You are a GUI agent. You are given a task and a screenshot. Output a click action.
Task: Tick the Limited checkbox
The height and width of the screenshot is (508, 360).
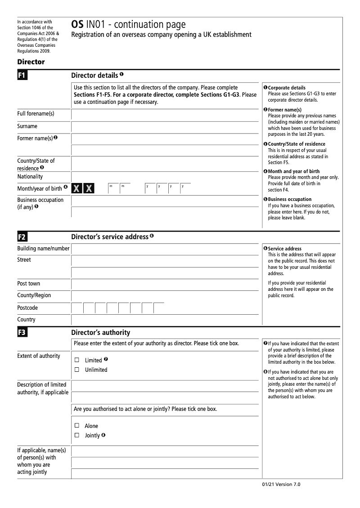(x=76, y=360)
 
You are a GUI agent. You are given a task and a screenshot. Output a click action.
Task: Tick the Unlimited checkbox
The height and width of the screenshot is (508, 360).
(x=76, y=370)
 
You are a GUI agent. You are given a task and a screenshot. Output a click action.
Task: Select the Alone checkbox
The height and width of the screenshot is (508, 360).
(x=76, y=426)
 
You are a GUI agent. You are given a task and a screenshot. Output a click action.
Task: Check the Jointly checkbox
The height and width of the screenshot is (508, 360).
(x=76, y=436)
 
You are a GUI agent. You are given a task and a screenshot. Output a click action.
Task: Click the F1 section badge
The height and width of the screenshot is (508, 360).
(x=22, y=76)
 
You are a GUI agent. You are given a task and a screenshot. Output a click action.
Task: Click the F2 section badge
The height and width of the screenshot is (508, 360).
(x=22, y=237)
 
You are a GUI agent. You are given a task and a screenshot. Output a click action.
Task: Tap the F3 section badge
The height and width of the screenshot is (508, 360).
(x=22, y=333)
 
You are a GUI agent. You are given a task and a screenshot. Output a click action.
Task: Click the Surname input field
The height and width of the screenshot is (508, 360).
(x=165, y=127)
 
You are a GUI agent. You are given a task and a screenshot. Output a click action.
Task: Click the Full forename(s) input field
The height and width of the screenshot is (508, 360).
(x=165, y=114)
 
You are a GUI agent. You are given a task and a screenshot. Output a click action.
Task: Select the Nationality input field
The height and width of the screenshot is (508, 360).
(x=165, y=177)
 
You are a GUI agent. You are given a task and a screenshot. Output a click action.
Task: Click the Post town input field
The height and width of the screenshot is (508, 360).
(x=165, y=284)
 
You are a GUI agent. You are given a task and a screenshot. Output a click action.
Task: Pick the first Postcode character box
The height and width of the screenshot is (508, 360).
(x=77, y=308)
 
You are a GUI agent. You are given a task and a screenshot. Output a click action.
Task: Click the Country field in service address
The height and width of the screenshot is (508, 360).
(x=165, y=320)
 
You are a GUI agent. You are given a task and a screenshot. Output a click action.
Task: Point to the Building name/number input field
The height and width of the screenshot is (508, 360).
(x=165, y=249)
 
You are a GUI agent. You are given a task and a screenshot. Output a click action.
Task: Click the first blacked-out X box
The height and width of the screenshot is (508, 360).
(x=77, y=188)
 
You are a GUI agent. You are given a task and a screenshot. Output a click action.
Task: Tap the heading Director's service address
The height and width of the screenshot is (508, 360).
(x=110, y=237)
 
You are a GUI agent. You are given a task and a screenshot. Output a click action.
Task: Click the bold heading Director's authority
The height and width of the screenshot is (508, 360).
(x=101, y=333)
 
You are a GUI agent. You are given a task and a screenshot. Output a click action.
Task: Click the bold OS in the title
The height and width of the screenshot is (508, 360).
(x=77, y=25)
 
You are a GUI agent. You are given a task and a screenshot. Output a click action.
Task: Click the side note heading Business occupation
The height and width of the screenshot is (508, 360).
(x=289, y=199)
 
